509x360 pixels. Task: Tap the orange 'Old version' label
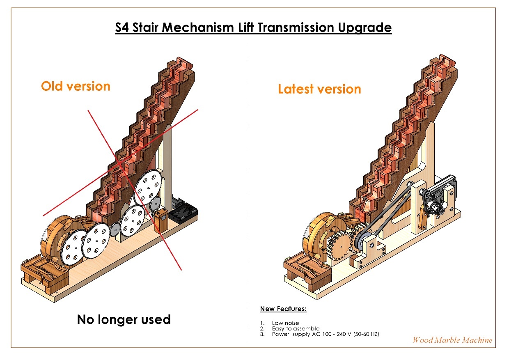[76, 86]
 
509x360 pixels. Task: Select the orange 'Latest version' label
[319, 89]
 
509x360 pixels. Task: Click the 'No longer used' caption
[124, 319]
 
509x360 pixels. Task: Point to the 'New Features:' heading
[283, 309]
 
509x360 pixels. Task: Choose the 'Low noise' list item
[285, 323]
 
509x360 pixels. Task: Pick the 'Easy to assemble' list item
[295, 328]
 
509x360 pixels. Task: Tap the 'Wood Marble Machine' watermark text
[452, 340]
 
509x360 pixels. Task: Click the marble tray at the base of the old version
[41, 271]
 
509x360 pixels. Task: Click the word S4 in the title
[123, 28]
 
